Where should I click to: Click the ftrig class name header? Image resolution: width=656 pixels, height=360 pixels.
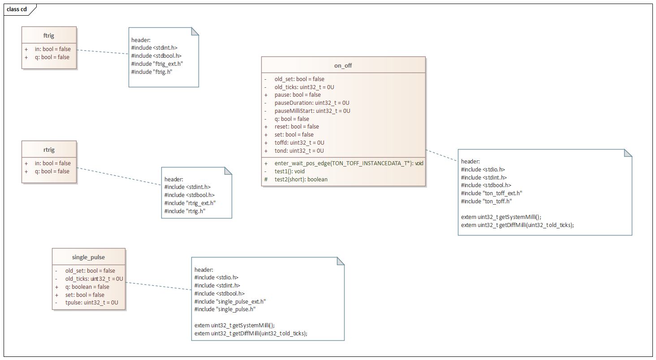tap(49, 35)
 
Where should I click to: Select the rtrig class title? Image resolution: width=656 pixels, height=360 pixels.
tap(49, 150)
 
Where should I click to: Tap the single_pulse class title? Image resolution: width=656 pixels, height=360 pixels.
tap(88, 257)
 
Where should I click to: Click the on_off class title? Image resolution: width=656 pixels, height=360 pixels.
tap(343, 65)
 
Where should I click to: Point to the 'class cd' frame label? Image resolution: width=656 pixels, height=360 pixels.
tap(17, 9)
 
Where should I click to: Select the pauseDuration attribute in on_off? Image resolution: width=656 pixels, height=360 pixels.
tap(312, 103)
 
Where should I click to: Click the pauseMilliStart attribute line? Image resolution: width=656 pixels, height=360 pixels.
tap(312, 111)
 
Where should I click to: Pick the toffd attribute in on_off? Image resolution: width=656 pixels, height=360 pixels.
tap(299, 143)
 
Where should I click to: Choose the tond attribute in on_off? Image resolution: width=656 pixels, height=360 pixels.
tap(299, 151)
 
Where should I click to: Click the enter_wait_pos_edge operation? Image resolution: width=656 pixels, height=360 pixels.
tap(349, 163)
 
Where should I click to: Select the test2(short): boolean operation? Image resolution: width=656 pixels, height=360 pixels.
tap(301, 180)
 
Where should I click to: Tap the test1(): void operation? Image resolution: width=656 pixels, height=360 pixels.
tap(289, 171)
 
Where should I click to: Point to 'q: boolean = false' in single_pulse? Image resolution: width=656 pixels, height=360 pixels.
tap(87, 287)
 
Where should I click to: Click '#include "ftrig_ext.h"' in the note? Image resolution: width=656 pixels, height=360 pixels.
tap(157, 64)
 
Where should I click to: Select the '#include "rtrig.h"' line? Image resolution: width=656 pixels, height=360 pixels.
tap(185, 211)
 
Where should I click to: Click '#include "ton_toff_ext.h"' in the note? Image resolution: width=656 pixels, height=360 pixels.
tap(492, 193)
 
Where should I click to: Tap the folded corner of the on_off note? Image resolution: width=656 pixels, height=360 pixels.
tap(628, 153)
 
